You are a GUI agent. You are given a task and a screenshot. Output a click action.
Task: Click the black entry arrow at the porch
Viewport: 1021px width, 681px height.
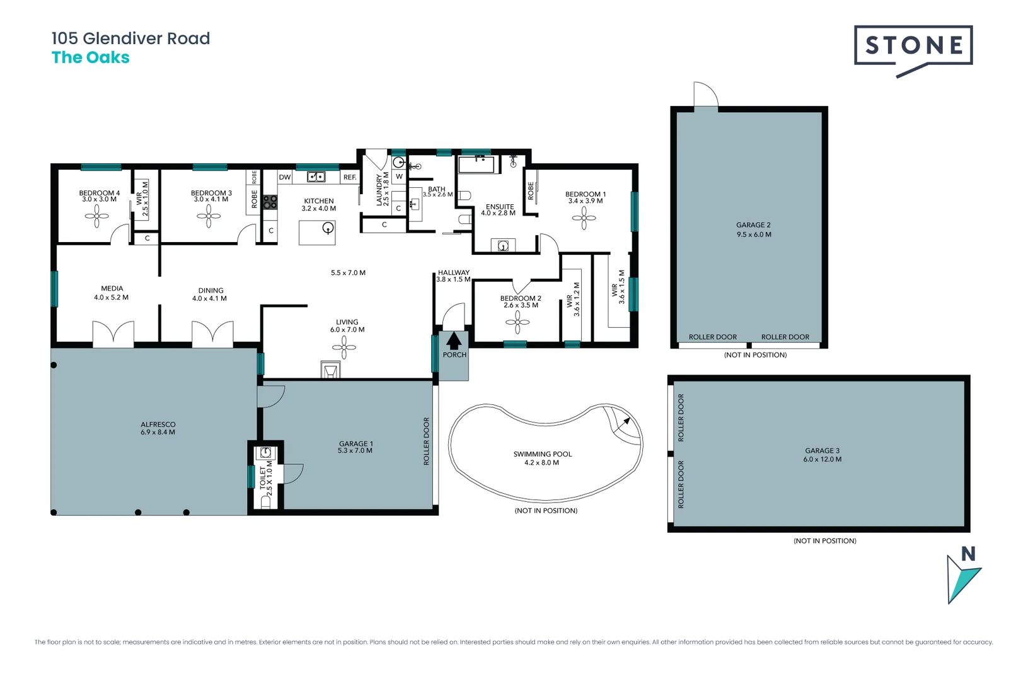[x=454, y=340]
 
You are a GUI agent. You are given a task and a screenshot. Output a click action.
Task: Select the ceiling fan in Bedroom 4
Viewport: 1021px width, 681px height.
[x=96, y=216]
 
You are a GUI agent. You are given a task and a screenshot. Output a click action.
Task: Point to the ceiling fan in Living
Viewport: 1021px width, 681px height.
[x=344, y=347]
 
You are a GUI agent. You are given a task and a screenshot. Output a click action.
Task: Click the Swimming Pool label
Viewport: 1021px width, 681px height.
[x=543, y=454]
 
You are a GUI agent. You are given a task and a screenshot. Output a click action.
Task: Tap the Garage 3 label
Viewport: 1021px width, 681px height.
[x=822, y=451]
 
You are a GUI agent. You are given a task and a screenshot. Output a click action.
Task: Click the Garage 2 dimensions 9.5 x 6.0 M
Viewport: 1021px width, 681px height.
[x=754, y=235]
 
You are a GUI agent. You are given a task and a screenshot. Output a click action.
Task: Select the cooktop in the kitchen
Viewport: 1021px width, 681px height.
[x=270, y=202]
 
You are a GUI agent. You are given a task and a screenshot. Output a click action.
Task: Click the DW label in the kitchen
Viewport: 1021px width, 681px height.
[x=285, y=178]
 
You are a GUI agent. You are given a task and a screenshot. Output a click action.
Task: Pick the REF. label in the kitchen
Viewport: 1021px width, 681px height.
[x=350, y=178]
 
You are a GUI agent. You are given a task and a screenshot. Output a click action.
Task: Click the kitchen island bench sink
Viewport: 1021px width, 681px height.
[x=327, y=228]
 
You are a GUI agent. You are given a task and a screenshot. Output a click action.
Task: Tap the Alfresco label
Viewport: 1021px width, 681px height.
[x=158, y=424]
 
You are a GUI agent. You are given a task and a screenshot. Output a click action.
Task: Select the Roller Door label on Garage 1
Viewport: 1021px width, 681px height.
[x=427, y=441]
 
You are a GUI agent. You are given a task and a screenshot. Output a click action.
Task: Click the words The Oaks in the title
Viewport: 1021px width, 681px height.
[x=91, y=57]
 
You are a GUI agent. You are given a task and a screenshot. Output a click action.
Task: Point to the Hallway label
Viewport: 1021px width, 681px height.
[x=454, y=272]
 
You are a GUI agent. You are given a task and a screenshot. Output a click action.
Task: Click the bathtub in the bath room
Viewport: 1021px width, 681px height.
[x=478, y=165]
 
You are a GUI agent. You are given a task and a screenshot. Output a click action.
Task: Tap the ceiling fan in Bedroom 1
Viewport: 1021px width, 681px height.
[x=584, y=218]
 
